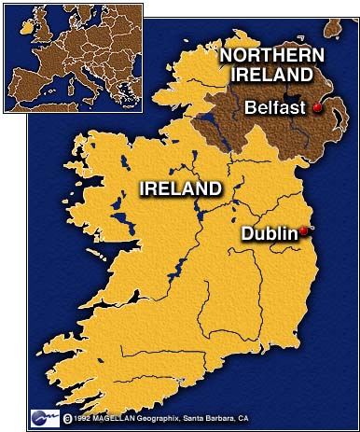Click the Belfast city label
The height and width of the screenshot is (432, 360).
point(273,108)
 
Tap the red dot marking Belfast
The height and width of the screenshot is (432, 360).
point(317,108)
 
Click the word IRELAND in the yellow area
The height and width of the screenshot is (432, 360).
point(182,188)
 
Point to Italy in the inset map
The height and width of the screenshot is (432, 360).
point(91,86)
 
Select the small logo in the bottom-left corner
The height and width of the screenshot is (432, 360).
point(46,416)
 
